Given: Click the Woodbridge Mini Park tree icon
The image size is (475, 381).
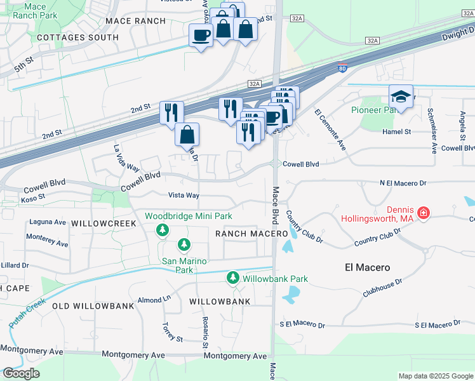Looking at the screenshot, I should (x=164, y=229).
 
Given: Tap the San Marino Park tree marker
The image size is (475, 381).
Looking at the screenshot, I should (x=184, y=244).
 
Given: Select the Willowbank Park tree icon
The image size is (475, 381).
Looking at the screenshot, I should (x=233, y=278).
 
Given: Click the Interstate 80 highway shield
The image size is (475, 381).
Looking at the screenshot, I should (x=342, y=67).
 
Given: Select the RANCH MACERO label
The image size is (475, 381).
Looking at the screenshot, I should (x=247, y=234).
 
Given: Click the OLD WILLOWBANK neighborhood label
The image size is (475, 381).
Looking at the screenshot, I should (x=93, y=305).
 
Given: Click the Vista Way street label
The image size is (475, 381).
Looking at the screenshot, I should (x=184, y=195).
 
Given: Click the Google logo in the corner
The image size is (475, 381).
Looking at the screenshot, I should (x=21, y=373).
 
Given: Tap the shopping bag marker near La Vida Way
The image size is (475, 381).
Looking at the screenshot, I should (x=187, y=135).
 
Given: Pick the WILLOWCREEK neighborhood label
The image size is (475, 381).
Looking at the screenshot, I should (x=104, y=224).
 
